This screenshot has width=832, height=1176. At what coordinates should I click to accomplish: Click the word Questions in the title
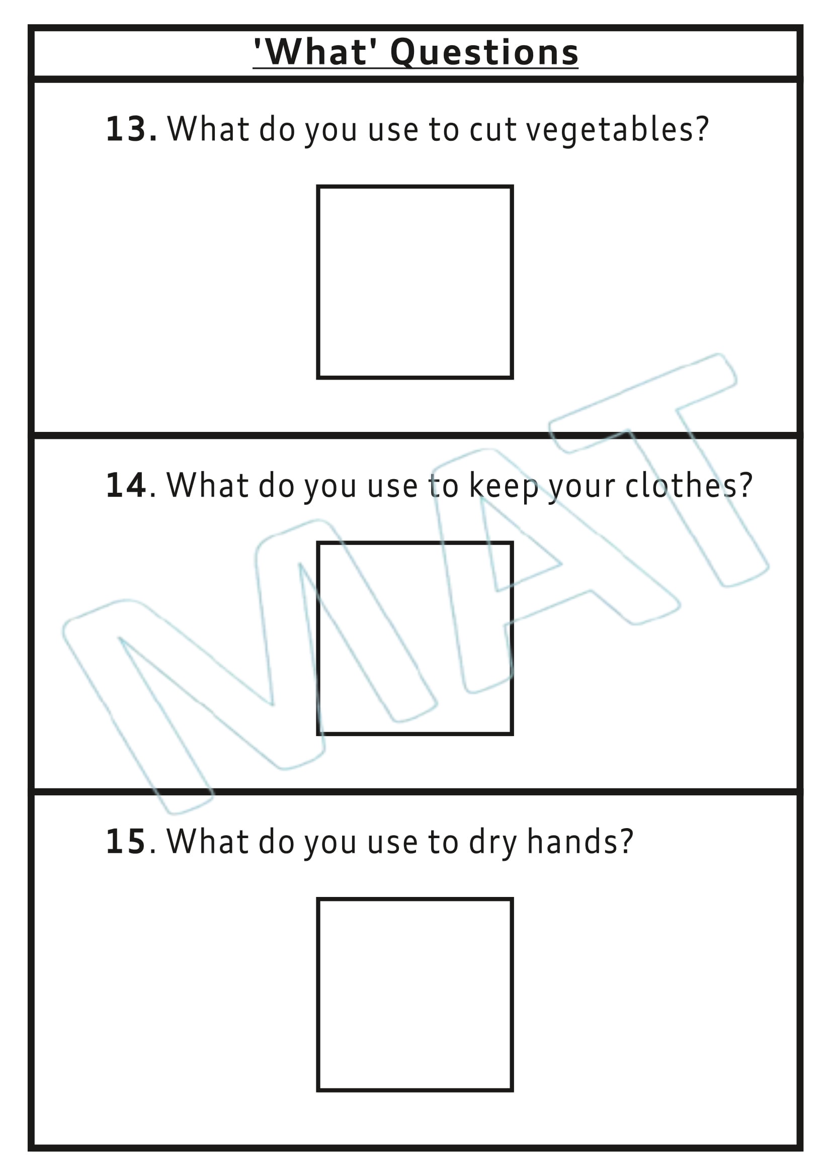(484, 53)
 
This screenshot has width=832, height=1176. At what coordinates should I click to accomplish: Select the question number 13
(126, 129)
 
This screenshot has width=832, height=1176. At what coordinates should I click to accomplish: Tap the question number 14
(126, 486)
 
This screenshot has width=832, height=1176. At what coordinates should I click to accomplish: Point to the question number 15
(126, 842)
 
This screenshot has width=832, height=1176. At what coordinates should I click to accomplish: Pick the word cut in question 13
(492, 129)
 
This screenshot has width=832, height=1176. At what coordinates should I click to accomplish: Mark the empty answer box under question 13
(414, 282)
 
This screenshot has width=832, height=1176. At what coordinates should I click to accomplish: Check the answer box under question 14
(414, 638)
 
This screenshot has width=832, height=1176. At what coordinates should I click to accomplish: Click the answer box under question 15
(414, 994)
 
